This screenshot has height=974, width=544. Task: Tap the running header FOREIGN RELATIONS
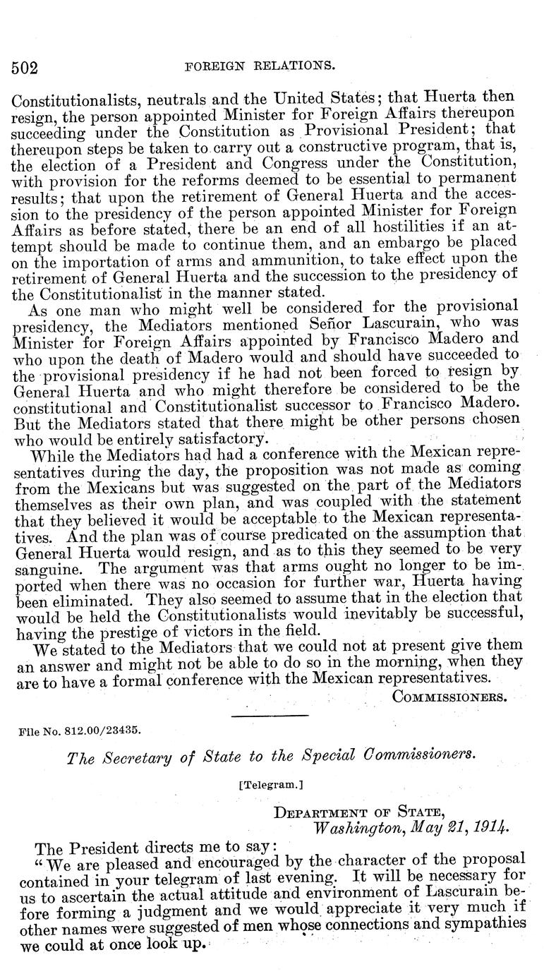pos(259,66)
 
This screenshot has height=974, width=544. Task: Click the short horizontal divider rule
pos(270,716)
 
